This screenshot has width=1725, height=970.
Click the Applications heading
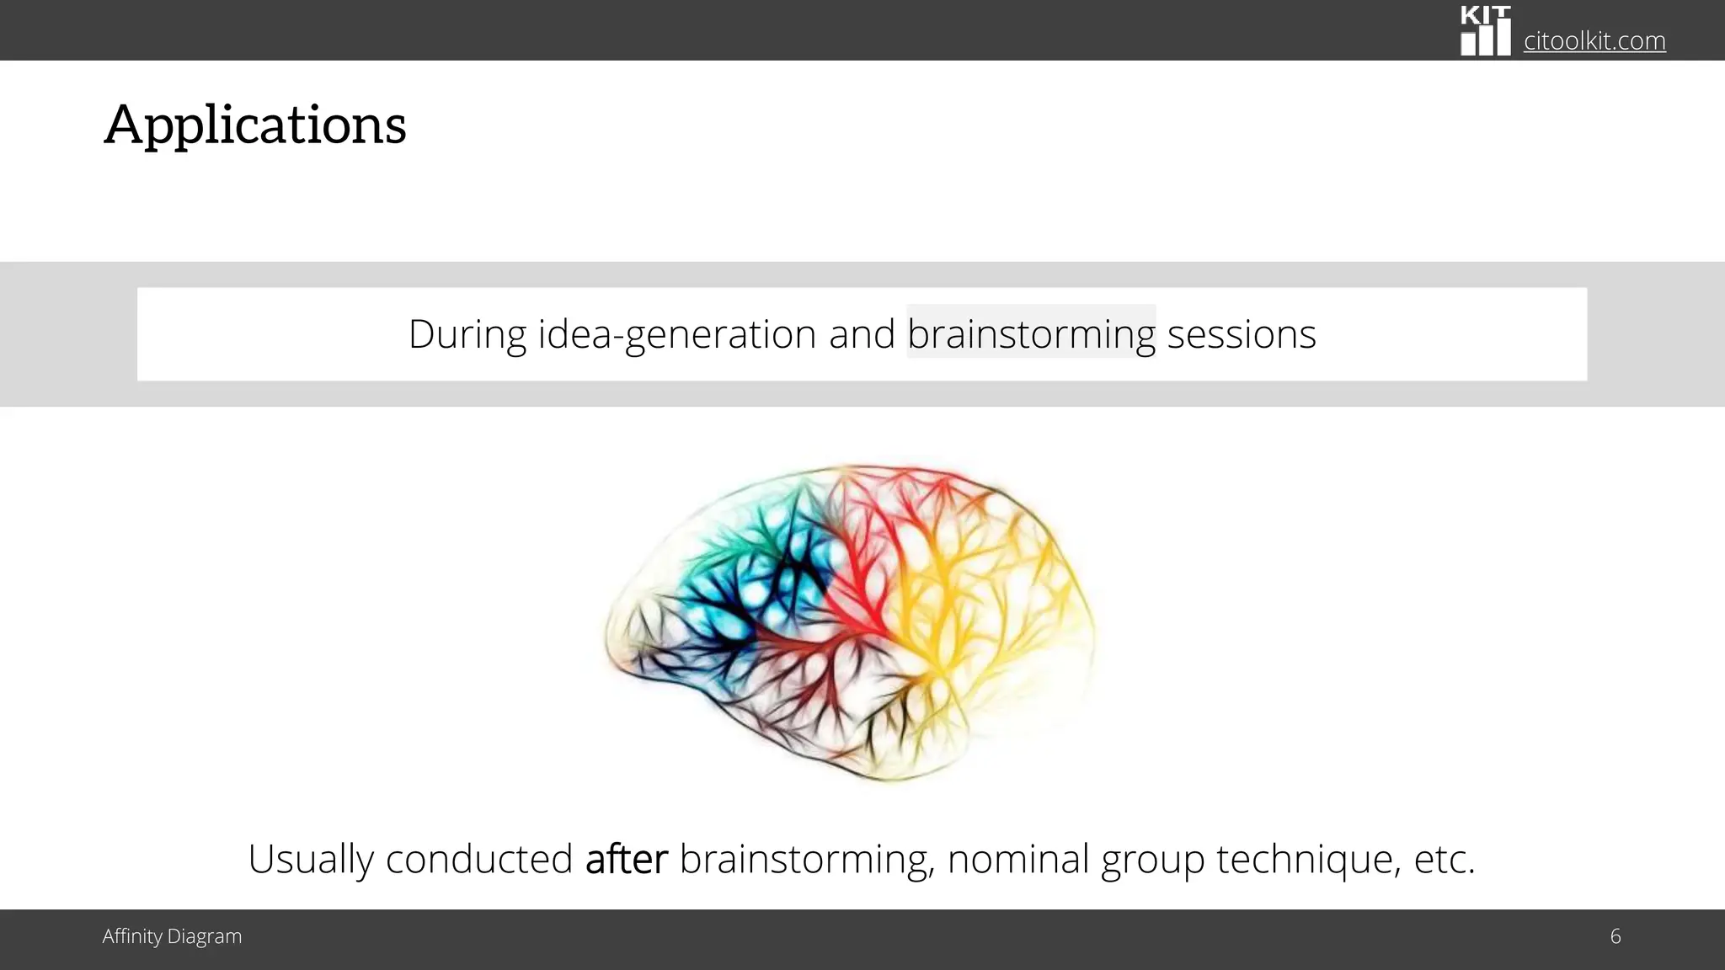[x=254, y=125]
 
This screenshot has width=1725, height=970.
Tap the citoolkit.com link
[x=1594, y=40]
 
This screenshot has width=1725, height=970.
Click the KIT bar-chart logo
[x=1485, y=31]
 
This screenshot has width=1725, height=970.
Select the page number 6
[x=1615, y=936]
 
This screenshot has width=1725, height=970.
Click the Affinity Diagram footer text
[x=172, y=936]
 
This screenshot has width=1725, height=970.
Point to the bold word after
[x=626, y=860]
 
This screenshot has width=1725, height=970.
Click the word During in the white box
[x=467, y=334]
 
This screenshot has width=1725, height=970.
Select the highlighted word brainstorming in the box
[x=1031, y=334]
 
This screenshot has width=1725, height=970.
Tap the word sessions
[x=1241, y=334]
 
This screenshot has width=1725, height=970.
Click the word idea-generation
[x=677, y=334]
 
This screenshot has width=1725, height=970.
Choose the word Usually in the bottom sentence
[x=311, y=860]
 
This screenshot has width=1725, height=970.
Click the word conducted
[x=479, y=860]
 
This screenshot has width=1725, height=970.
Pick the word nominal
[x=1017, y=860]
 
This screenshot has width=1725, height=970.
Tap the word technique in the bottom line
[x=1308, y=860]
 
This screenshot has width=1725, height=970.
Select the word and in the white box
[x=861, y=334]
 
